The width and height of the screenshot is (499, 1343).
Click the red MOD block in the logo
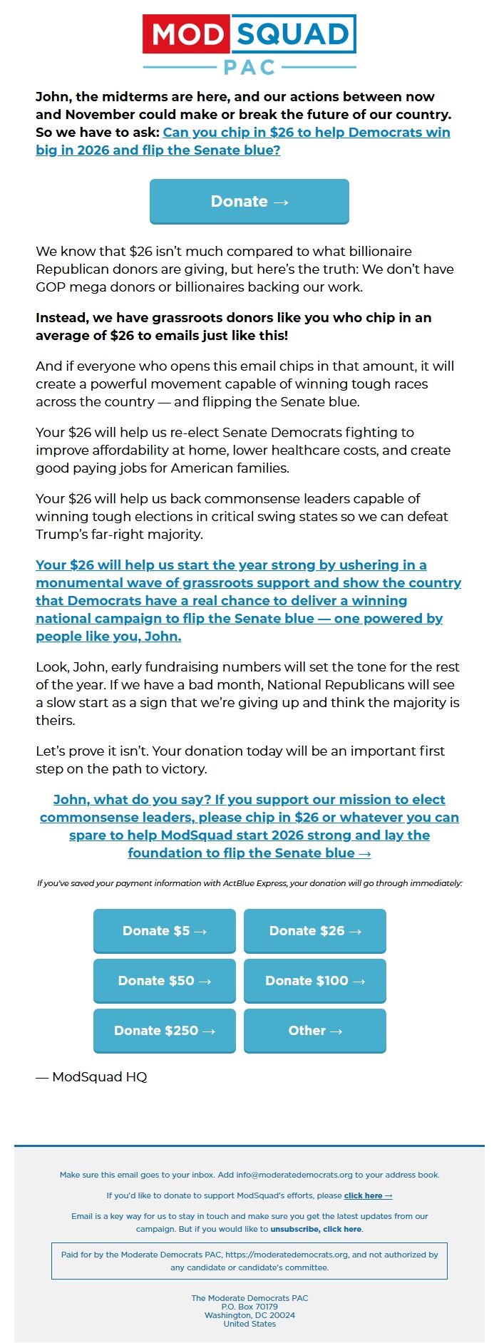pyautogui.click(x=187, y=34)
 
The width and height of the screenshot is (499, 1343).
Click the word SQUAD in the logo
pyautogui.click(x=293, y=34)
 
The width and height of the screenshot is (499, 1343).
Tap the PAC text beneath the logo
pyautogui.click(x=249, y=68)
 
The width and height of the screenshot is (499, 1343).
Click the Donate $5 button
pyautogui.click(x=165, y=931)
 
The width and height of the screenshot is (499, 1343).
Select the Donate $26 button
pyautogui.click(x=315, y=931)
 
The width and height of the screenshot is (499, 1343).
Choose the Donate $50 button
pyautogui.click(x=165, y=981)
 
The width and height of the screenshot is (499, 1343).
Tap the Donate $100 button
pyautogui.click(x=315, y=981)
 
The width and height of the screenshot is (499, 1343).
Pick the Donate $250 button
pyautogui.click(x=165, y=1031)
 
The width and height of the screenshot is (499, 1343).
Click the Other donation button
pyautogui.click(x=315, y=1031)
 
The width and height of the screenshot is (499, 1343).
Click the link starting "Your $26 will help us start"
pyautogui.click(x=248, y=600)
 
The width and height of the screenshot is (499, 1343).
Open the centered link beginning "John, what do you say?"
pyautogui.click(x=249, y=826)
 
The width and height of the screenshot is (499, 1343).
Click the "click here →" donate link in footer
pyautogui.click(x=368, y=1195)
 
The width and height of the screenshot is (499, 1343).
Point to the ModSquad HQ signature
pyautogui.click(x=92, y=1077)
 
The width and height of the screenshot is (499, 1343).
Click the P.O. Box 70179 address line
pyautogui.click(x=249, y=1307)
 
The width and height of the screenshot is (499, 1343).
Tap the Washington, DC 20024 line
pyautogui.click(x=249, y=1315)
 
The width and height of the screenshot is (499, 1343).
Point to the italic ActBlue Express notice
pyautogui.click(x=249, y=883)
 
